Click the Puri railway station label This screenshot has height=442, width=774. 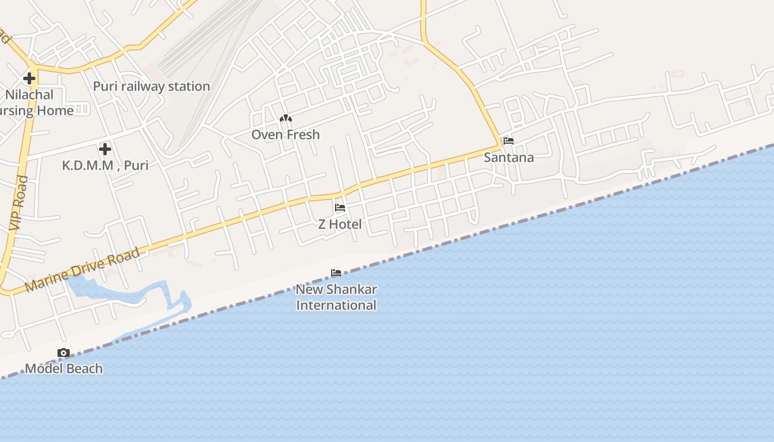pos(151,86)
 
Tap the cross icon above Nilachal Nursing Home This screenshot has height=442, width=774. pos(29,78)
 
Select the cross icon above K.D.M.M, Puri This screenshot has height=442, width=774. pos(105,149)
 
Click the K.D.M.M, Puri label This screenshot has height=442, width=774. pos(105,165)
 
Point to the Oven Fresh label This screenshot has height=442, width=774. pos(285,135)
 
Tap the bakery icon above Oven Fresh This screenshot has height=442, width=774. pos(285,118)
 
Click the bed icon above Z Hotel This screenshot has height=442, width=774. pos(340,208)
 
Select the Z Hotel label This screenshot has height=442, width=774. pos(340,224)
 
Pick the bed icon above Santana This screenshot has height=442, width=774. pos(509,141)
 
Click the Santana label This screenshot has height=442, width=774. pos(509,157)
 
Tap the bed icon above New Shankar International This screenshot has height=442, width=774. pos(336,273)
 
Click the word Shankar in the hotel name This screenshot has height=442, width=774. pos(351,290)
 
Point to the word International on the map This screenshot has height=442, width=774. pos(336,305)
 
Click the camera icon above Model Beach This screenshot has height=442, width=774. pos(64,352)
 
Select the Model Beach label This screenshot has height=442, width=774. pos(64,369)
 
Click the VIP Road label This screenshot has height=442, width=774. pos(18,203)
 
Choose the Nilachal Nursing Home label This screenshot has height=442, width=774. pos(33,103)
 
